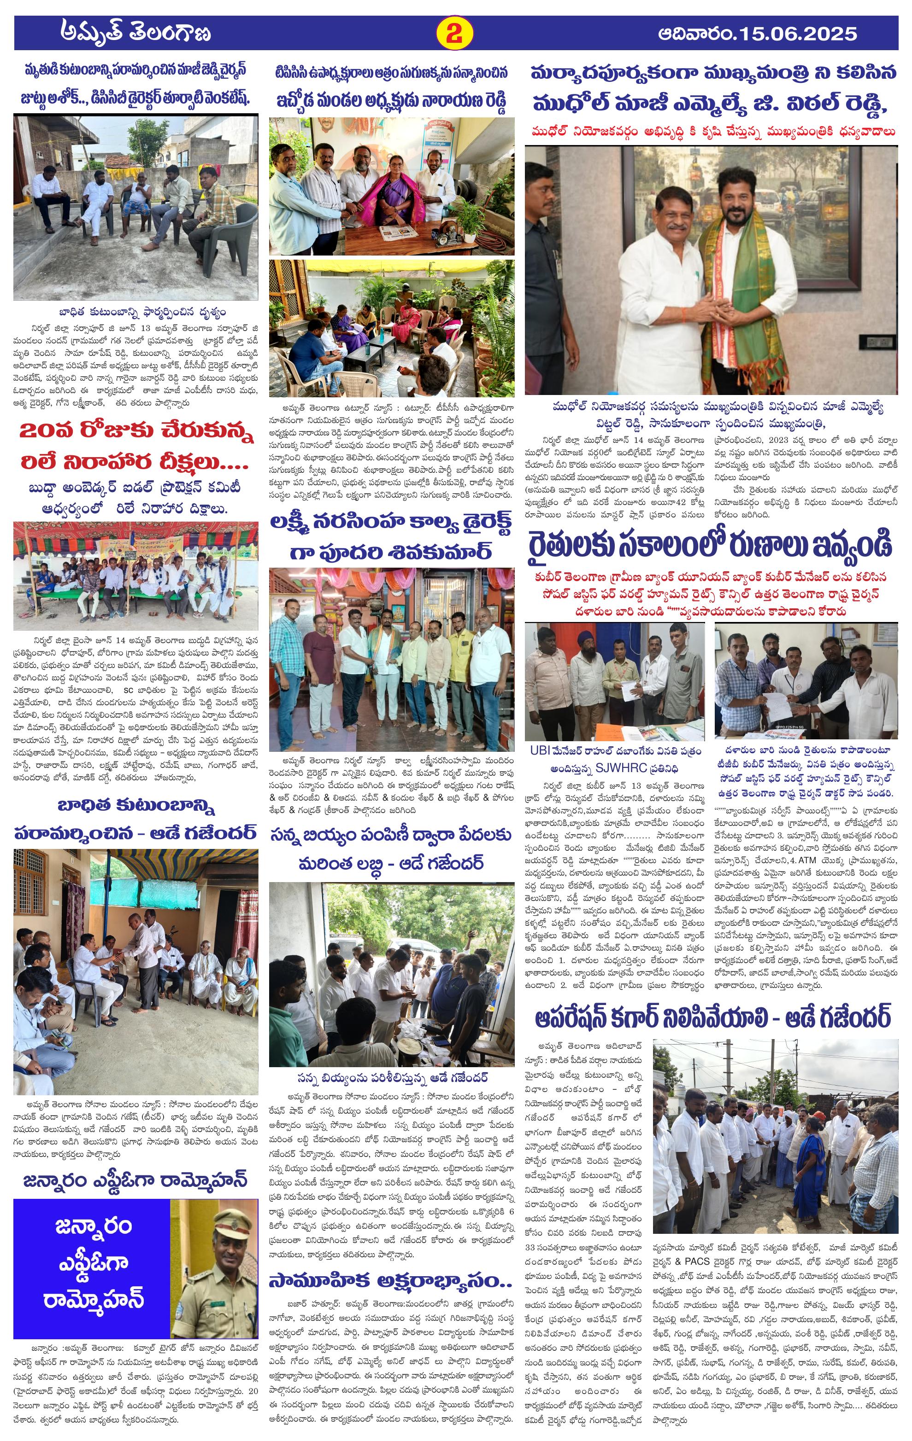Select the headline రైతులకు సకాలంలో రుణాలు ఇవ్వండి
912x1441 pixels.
click(710, 546)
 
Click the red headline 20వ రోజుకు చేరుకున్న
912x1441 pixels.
click(136, 431)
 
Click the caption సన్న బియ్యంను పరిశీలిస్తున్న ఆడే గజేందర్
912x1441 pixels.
click(392, 1078)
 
